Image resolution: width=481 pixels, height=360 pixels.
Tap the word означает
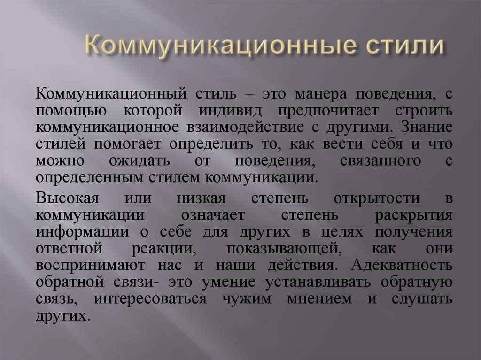pyautogui.click(x=207, y=214)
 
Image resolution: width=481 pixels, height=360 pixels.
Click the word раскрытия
pyautogui.click(x=415, y=214)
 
